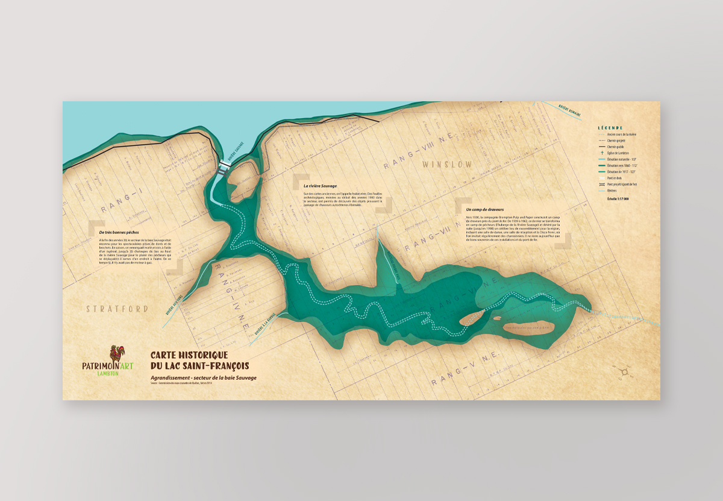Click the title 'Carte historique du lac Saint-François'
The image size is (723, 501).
click(199, 361)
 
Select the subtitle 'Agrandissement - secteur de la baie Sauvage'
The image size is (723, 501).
click(204, 377)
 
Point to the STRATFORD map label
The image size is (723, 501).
click(117, 309)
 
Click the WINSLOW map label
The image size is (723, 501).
click(447, 164)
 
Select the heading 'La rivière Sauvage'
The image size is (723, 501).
click(320, 186)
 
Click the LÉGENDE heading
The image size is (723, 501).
click(610, 128)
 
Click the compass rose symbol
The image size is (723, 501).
click(627, 372)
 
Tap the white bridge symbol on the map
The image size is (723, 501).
click(225, 166)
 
